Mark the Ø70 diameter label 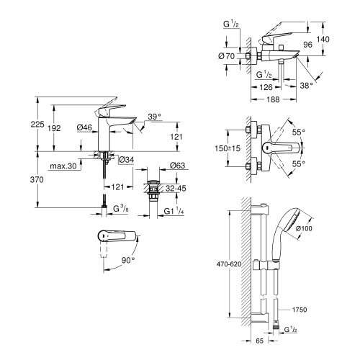[x=231, y=55]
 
